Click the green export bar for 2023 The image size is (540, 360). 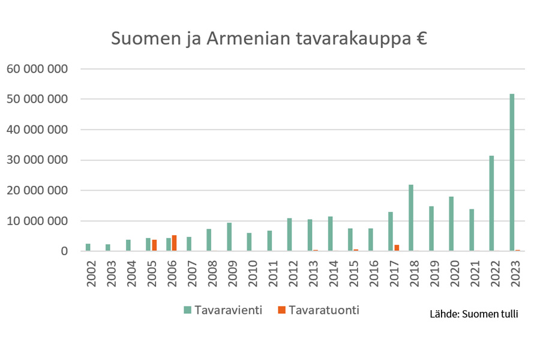pos(512,173)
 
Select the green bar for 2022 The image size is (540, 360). pos(491,203)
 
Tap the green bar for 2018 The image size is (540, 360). pos(411,218)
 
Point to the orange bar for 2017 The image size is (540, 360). pos(397,248)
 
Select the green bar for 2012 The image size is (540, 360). pos(290,235)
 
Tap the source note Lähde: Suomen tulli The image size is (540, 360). pos(473,314)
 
